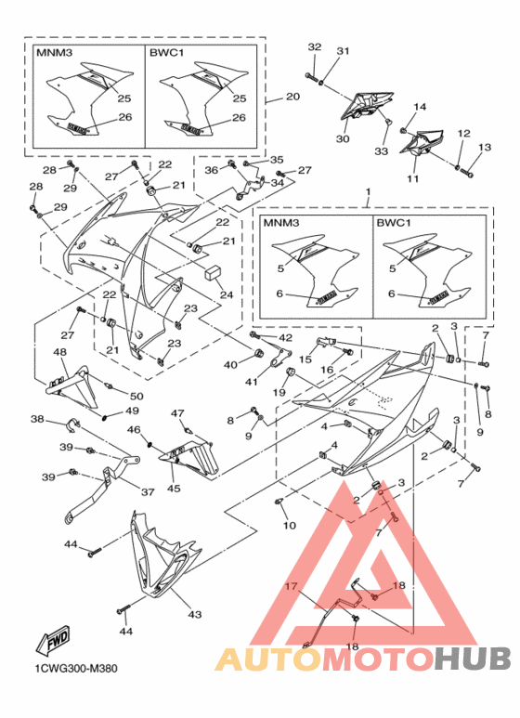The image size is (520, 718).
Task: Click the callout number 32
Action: (x=313, y=46)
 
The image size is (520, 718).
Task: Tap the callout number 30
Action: (x=342, y=138)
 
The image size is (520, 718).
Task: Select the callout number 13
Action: (x=484, y=148)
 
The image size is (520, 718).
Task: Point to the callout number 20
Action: (x=292, y=97)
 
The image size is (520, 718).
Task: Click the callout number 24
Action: (x=227, y=295)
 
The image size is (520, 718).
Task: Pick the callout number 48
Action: (x=59, y=352)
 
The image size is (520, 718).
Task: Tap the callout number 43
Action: (x=195, y=614)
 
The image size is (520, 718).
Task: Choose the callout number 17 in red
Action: (x=291, y=587)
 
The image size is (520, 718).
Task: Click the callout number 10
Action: (x=290, y=526)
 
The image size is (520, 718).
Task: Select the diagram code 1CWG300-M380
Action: (x=75, y=668)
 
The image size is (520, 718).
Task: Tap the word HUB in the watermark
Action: (x=473, y=659)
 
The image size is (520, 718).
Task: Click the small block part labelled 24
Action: (x=212, y=274)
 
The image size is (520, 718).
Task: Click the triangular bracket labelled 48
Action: (x=76, y=383)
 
